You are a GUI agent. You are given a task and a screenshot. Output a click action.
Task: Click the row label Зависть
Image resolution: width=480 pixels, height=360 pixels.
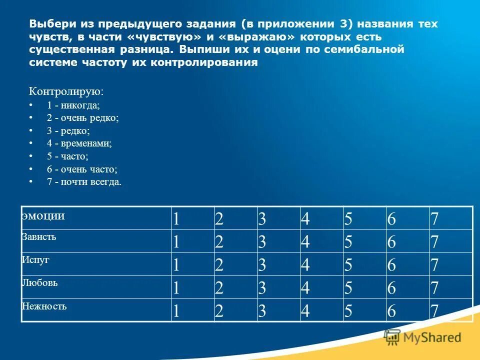click(38, 237)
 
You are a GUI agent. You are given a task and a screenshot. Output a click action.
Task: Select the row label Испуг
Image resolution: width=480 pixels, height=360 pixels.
click(35, 260)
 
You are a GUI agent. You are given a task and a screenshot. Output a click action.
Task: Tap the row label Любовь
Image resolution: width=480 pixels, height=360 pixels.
click(39, 283)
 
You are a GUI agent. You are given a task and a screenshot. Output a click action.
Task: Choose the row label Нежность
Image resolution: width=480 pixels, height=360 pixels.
click(44, 306)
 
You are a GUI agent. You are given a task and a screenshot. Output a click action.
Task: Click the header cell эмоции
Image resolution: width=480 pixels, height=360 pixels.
click(43, 216)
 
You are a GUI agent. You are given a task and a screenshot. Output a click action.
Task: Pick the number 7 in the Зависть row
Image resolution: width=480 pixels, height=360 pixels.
click(434, 242)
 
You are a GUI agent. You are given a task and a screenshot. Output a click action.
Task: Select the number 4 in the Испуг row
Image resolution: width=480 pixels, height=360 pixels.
click(305, 265)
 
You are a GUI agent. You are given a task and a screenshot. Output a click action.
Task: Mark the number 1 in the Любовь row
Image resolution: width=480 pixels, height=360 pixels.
click(176, 288)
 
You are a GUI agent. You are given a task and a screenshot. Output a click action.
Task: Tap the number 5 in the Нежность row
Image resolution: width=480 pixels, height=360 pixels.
click(348, 311)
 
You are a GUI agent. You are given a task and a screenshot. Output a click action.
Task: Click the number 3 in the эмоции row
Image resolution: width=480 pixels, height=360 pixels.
click(262, 219)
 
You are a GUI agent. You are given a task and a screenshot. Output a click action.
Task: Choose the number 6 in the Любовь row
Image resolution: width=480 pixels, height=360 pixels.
click(391, 288)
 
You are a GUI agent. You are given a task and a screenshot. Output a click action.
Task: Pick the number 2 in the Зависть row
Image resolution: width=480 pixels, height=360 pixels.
click(219, 242)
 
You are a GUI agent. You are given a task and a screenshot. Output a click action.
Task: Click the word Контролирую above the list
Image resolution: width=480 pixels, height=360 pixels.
click(66, 91)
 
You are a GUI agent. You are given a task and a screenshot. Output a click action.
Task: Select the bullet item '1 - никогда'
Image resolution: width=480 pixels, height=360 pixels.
click(73, 105)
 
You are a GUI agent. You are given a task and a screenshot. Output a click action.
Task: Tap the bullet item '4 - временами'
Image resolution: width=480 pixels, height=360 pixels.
click(79, 143)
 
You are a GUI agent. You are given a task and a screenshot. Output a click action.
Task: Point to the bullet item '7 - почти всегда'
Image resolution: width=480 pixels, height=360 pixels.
click(84, 182)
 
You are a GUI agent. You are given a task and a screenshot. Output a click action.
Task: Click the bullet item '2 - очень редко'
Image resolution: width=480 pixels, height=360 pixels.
click(82, 118)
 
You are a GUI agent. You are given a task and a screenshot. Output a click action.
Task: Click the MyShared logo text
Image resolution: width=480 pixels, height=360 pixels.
click(432, 337)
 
